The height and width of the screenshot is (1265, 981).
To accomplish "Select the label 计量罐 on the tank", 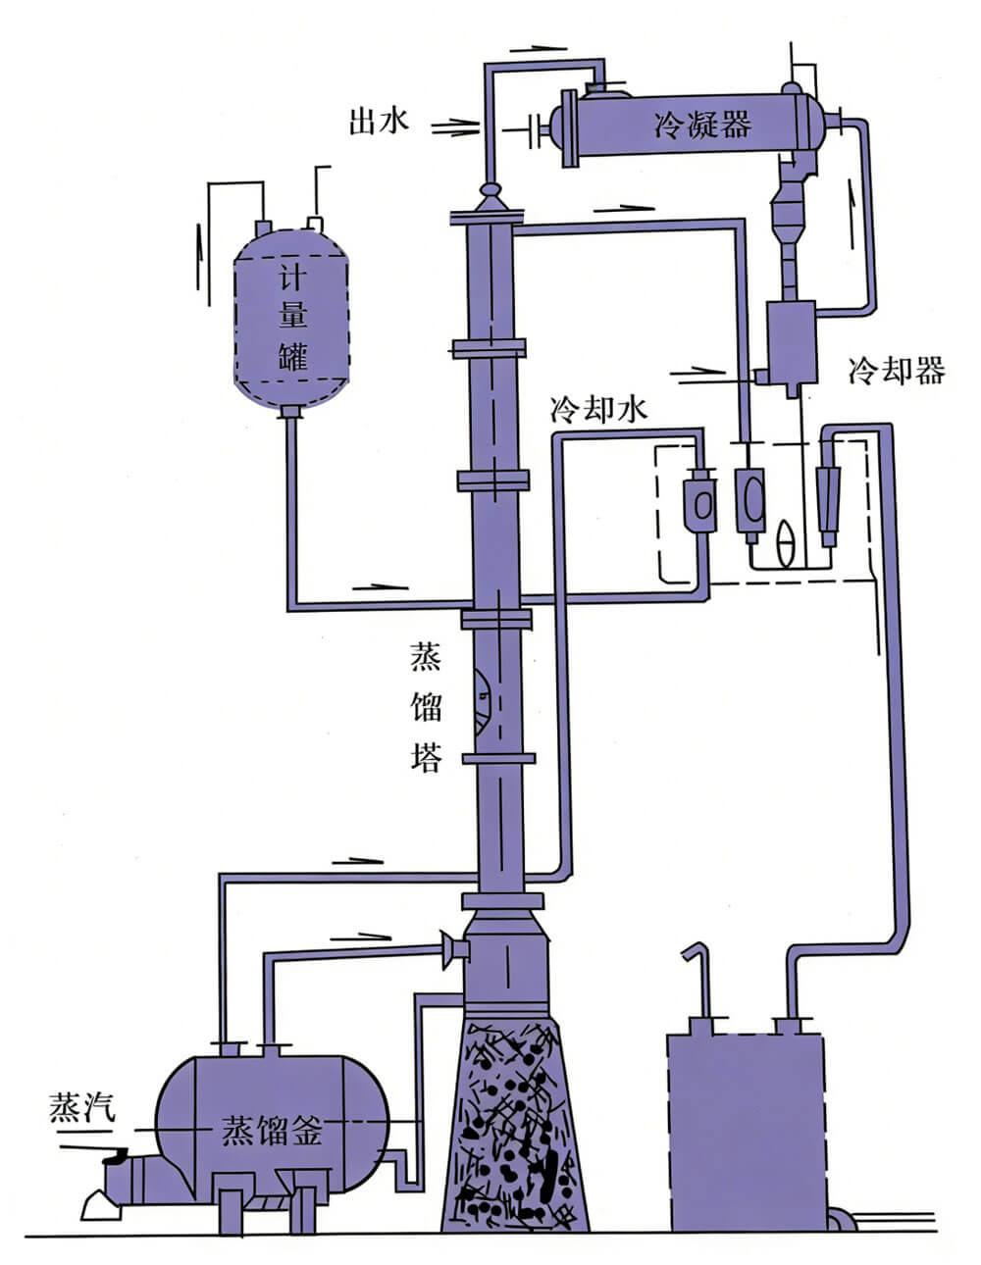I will click(x=292, y=317).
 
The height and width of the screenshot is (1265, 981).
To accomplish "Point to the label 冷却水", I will click(x=598, y=409).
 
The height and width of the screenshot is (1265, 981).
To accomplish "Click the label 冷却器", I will click(x=896, y=371).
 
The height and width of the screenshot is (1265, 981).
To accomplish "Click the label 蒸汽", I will click(x=82, y=1107).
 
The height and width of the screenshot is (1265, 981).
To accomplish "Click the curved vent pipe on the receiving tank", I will click(x=697, y=981).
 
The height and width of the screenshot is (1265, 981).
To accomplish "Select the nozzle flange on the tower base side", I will click(x=454, y=948).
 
